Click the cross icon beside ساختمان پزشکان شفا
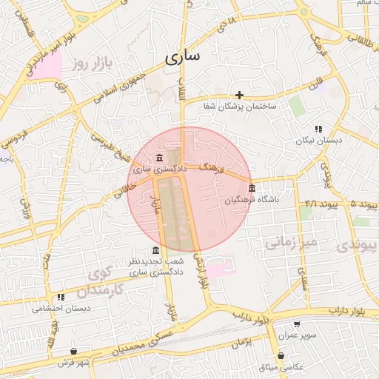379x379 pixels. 240,95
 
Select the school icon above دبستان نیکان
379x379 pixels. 319,128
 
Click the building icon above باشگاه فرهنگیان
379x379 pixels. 252,188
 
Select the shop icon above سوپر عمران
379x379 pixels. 297,323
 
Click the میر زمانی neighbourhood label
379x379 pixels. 291,242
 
